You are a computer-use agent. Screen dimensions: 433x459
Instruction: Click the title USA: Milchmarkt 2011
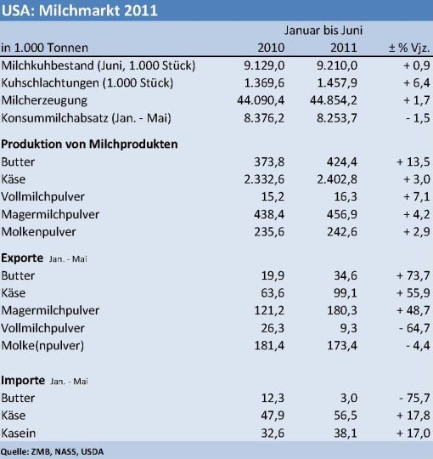click(x=79, y=10)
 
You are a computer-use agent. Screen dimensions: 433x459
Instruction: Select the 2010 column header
click(x=271, y=48)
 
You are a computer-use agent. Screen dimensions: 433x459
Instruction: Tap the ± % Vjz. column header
click(x=409, y=48)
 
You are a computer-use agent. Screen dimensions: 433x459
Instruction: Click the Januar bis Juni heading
click(x=323, y=30)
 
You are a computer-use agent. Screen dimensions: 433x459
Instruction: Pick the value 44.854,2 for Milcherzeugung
click(x=334, y=100)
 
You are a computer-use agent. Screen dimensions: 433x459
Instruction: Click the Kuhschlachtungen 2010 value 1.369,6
click(x=264, y=82)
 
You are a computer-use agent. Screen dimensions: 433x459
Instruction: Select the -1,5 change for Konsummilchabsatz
click(x=418, y=118)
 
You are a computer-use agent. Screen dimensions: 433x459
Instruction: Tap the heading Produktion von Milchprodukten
click(x=89, y=144)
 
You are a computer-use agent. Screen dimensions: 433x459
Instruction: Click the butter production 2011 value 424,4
click(x=342, y=161)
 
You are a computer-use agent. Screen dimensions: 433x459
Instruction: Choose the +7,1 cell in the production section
click(x=417, y=196)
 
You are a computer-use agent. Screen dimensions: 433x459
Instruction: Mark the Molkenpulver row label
click(x=38, y=232)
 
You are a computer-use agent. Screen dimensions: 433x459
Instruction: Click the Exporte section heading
click(x=22, y=258)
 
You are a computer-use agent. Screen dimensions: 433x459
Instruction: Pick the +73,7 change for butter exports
click(x=413, y=275)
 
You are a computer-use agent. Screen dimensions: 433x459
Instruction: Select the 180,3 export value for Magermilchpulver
click(x=342, y=310)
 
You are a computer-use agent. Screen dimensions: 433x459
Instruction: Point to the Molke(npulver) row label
click(x=42, y=345)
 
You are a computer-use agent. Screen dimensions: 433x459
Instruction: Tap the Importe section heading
click(x=23, y=381)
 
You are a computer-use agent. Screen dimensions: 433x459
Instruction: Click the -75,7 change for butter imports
click(x=414, y=398)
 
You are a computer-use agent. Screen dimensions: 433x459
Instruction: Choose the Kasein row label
click(x=19, y=433)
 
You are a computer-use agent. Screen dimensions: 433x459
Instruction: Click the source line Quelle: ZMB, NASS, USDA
click(x=53, y=451)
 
